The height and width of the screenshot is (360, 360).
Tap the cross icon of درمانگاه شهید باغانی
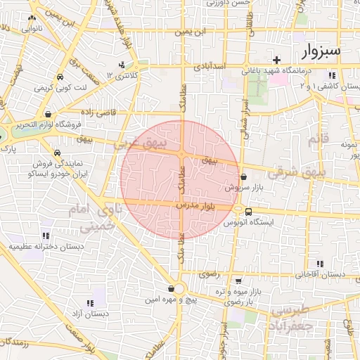pos(277,60)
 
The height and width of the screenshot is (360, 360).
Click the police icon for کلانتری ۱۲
pos(122,65)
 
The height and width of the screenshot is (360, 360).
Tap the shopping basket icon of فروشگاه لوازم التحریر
pos(47,114)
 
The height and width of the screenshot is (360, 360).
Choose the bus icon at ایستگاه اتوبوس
pos(248,211)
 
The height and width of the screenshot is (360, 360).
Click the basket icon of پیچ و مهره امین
pos(172,288)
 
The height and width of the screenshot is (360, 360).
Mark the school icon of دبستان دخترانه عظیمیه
pos(45,236)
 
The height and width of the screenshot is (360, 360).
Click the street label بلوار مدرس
pos(210,205)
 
